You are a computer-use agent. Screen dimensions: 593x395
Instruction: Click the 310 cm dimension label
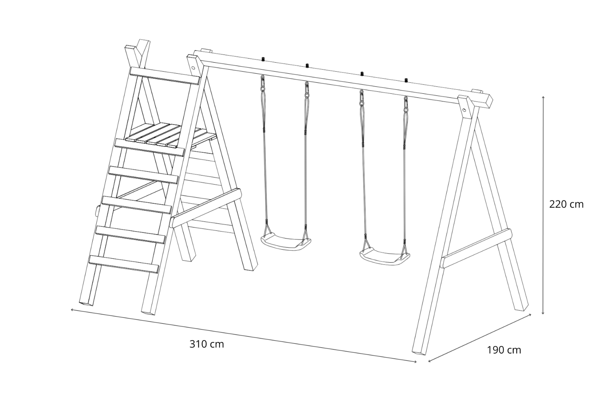click(207, 345)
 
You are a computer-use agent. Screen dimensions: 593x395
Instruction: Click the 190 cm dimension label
click(504, 350)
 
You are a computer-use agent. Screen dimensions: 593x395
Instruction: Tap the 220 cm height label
click(566, 205)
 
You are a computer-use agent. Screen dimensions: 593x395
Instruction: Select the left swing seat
click(286, 242)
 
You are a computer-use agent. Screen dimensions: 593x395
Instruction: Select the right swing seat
click(385, 256)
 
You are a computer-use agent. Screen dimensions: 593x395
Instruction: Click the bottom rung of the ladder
click(124, 264)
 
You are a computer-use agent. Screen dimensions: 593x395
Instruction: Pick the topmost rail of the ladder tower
click(165, 76)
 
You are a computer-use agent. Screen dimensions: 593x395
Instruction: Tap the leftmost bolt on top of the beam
click(264, 59)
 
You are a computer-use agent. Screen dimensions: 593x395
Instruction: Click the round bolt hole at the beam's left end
click(193, 68)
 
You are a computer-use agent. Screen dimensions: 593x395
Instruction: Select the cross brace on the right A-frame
click(476, 248)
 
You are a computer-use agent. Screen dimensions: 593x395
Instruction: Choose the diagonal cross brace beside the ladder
click(206, 208)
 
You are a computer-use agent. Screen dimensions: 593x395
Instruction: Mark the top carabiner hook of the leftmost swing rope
click(263, 82)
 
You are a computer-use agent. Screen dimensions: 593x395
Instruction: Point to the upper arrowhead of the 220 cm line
click(543, 97)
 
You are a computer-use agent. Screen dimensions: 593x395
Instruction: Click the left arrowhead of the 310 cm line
click(72, 309)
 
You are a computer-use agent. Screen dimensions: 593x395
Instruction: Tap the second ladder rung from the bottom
click(130, 235)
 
